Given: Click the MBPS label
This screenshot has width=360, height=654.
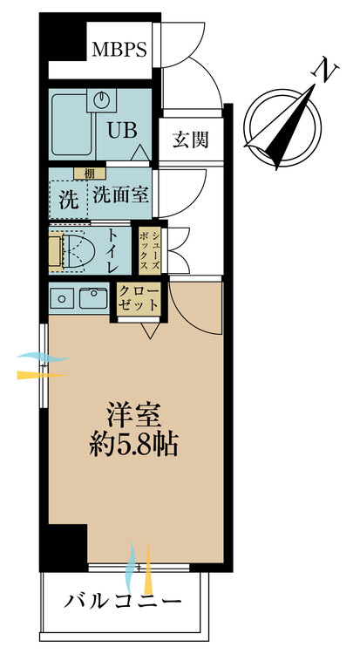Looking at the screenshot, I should (119, 50).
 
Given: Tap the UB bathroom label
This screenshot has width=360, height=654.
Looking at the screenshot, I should (121, 130).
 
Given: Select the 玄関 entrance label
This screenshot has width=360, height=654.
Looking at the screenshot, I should (190, 139).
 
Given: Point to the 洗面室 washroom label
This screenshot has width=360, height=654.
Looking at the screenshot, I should (120, 195).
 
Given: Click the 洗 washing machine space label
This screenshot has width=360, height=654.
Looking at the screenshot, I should (68, 198).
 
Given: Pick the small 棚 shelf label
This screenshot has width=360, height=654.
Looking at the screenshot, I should (89, 172).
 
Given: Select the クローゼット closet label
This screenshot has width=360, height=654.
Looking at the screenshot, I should (137, 297).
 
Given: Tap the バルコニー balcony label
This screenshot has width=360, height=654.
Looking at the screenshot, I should (123, 602).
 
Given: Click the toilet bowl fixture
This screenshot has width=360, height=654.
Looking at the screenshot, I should (79, 249).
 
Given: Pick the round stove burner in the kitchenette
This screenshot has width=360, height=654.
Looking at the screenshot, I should (63, 298).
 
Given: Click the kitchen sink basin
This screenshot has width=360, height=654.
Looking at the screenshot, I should (92, 298).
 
